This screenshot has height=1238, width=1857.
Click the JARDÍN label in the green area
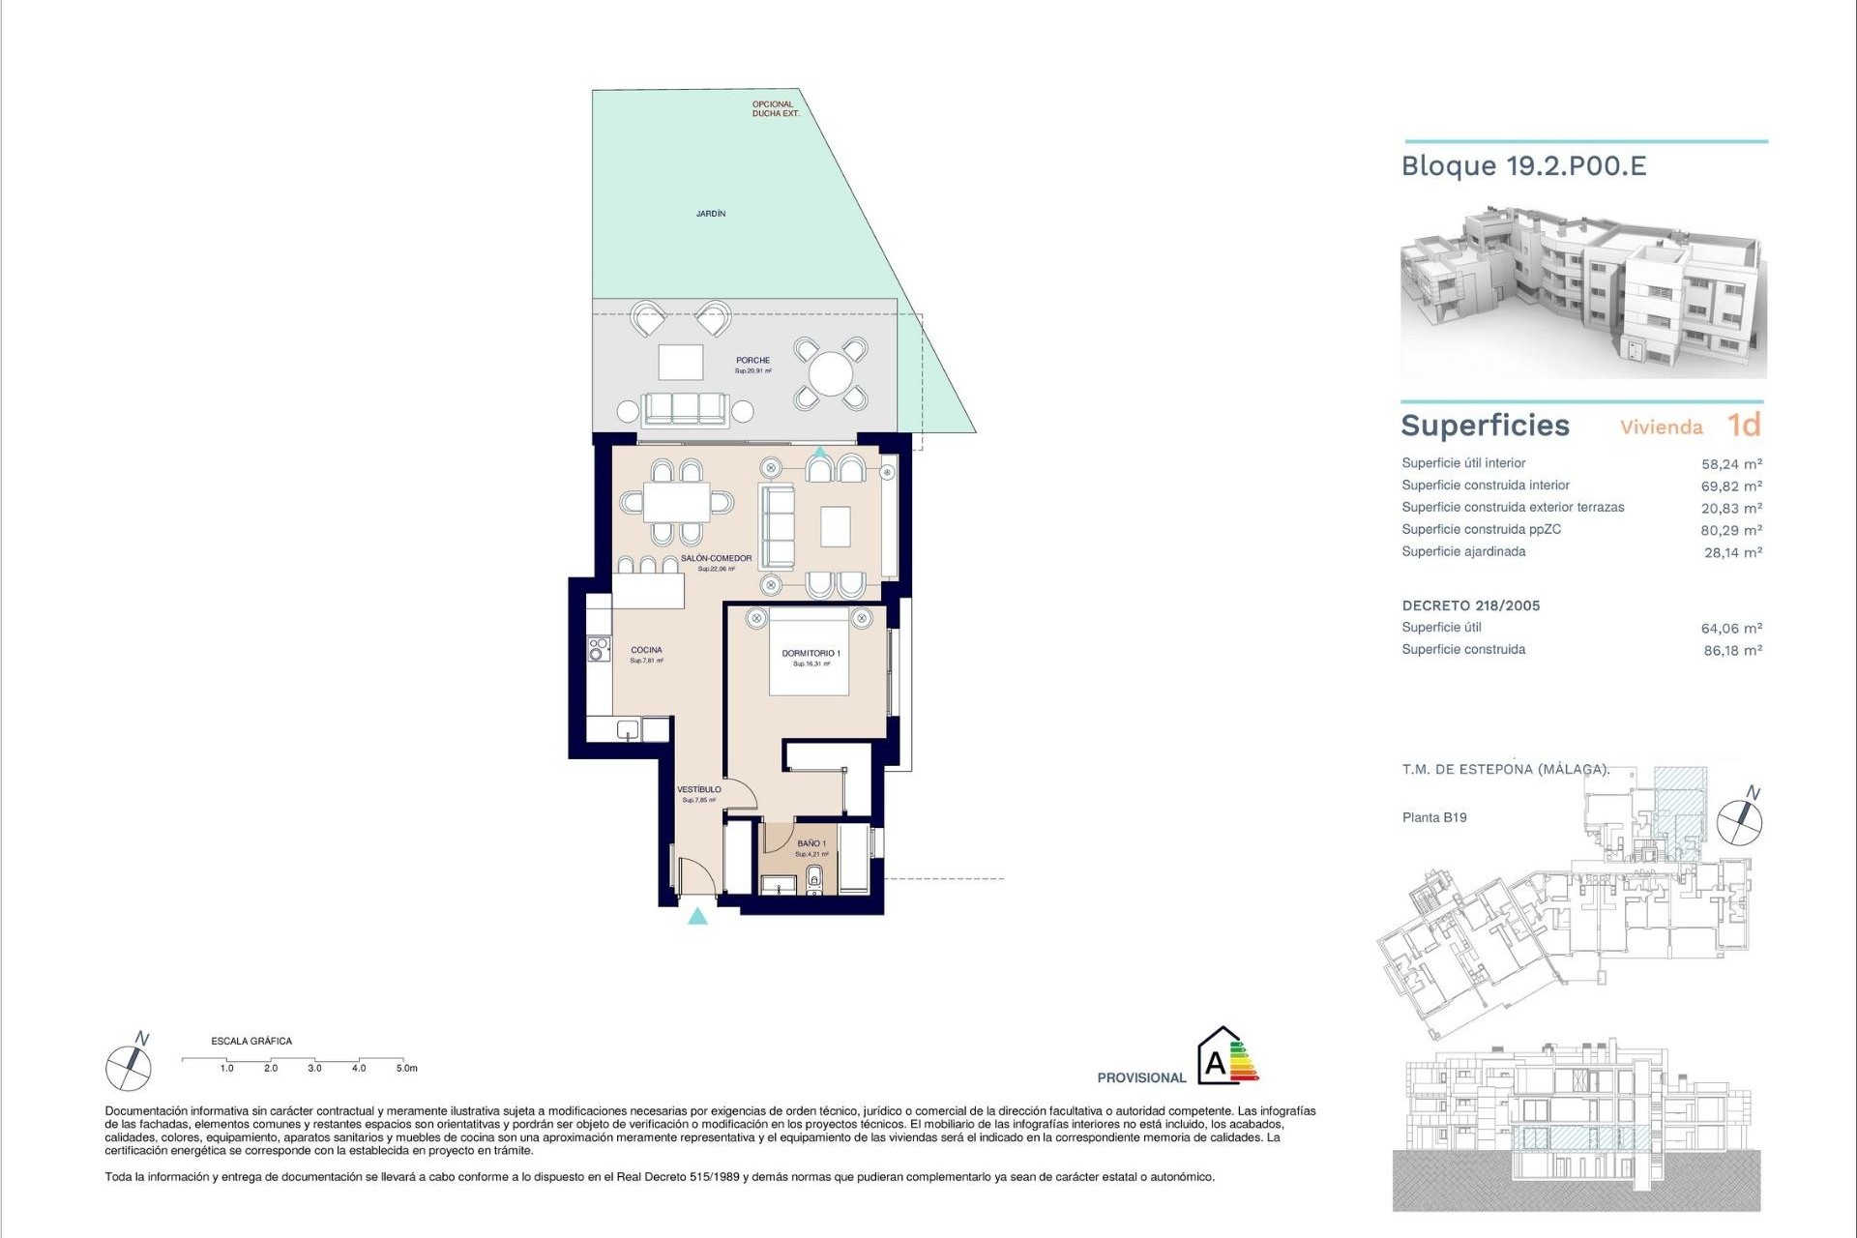[x=711, y=213]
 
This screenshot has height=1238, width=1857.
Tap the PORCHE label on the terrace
[x=752, y=361]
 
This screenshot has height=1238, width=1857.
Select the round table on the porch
[x=830, y=373]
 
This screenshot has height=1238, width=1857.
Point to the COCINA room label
[x=646, y=650]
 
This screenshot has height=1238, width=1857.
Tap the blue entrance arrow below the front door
[x=697, y=916]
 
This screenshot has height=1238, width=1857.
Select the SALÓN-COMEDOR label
[x=716, y=559]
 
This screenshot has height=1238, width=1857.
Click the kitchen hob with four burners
[x=600, y=648]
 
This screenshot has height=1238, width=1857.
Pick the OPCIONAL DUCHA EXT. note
[x=776, y=108]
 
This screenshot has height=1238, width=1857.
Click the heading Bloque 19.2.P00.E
[x=1523, y=166]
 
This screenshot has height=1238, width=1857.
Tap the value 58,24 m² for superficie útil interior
[x=1731, y=464]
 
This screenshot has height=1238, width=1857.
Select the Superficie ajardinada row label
[x=1463, y=552]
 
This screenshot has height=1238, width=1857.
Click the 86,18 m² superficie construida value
[x=1732, y=651]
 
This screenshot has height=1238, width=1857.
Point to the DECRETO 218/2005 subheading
[x=1471, y=605]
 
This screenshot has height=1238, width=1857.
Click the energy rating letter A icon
[x=1216, y=1064]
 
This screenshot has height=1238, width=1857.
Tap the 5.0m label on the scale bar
[x=406, y=1069]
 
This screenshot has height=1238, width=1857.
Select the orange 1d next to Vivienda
[x=1744, y=426]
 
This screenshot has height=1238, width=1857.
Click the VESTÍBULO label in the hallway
[x=698, y=790]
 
